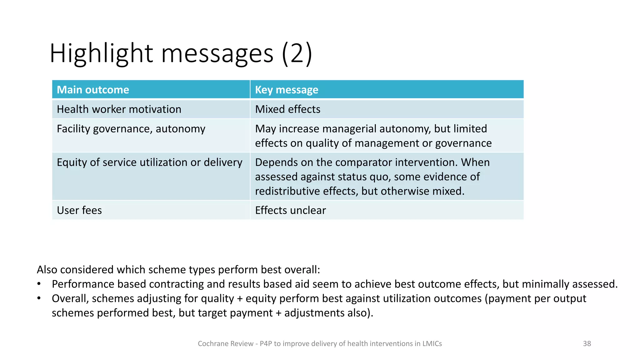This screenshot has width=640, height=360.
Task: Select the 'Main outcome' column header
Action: coord(93,90)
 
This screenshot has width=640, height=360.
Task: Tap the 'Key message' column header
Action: coord(287,90)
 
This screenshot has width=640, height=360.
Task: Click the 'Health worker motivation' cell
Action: coord(119,109)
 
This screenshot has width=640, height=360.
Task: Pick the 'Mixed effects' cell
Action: coord(287,109)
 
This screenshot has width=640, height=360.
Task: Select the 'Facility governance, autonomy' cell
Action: coord(131,129)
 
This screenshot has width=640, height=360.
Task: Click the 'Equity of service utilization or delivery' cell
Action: coord(149,162)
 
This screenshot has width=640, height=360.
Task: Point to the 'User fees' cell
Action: coord(79,210)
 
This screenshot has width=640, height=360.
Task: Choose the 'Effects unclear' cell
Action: coord(290,210)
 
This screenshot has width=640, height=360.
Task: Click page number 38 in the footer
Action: coord(587,344)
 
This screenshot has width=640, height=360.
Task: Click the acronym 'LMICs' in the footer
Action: coord(432,344)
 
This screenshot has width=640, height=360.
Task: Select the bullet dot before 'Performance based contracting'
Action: coord(39,284)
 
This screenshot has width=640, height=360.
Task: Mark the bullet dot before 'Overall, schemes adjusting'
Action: coord(39,298)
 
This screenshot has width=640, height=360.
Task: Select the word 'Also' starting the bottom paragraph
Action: coord(47,270)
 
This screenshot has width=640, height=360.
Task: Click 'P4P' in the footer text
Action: coord(266,344)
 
